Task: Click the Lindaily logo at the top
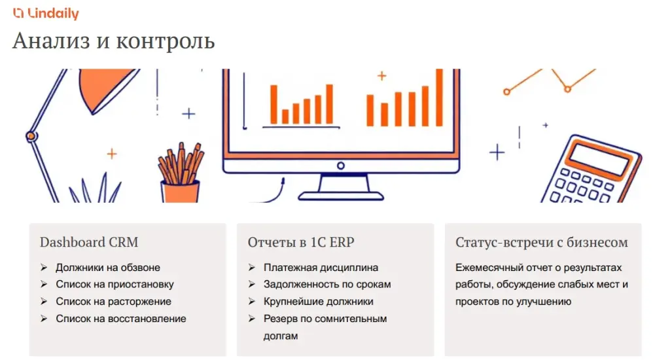[46, 13]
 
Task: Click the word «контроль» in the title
[166, 41]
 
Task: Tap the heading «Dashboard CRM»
[89, 242]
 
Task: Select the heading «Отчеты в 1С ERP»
[301, 242]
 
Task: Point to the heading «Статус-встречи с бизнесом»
[541, 242]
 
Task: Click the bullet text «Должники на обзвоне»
[108, 268]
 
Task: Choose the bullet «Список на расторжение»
[113, 302]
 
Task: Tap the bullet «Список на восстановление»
[121, 319]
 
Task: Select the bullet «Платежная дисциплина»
[321, 268]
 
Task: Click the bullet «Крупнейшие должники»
[319, 302]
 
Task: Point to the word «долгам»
[280, 336]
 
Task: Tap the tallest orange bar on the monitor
[439, 98]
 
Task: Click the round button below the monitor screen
[340, 166]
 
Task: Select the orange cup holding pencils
[180, 192]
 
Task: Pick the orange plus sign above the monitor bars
[381, 76]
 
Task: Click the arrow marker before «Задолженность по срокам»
[252, 284]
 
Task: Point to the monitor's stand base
[340, 196]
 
